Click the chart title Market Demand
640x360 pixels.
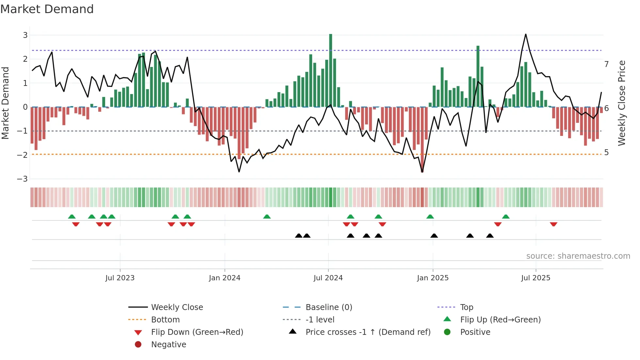click(47, 9)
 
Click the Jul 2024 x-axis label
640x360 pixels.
click(328, 278)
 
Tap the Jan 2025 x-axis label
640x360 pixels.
click(433, 278)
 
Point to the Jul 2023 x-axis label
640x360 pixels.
click(120, 278)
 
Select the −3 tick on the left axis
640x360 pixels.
click(22, 179)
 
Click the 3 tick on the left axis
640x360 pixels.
click(25, 35)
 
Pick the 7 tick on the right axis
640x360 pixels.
click(606, 64)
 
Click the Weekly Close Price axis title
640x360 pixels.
click(622, 103)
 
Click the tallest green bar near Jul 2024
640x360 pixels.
click(330, 70)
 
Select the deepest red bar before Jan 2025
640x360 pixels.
click(422, 139)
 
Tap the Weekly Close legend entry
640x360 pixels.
click(177, 307)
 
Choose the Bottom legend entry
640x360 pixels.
click(165, 320)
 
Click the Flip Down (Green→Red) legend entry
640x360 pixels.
click(197, 332)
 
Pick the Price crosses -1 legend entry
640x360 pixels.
click(368, 332)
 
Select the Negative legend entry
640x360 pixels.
click(168, 345)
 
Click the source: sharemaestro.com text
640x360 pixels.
click(578, 256)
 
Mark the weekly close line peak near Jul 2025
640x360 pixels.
click(526, 34)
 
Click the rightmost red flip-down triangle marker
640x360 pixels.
click(553, 224)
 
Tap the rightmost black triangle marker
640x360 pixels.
click(490, 236)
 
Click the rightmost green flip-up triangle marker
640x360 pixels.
click(506, 217)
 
